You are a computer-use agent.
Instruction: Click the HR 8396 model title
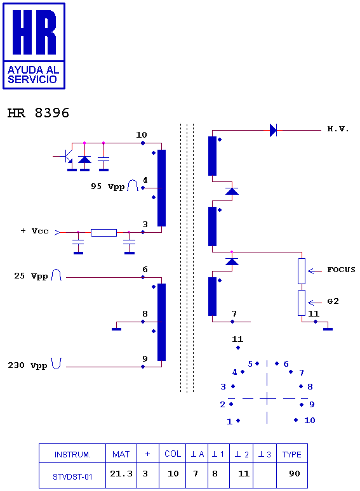(38, 113)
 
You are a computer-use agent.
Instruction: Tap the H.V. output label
(338, 129)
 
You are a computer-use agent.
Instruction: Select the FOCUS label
(341, 270)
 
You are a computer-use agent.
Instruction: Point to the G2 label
(333, 301)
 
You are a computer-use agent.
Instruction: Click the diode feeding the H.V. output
(273, 130)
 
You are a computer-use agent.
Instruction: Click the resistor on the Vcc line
(103, 233)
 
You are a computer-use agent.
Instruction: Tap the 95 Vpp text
(108, 187)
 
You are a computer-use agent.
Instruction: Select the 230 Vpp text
(27, 365)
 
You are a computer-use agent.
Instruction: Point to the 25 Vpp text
(30, 276)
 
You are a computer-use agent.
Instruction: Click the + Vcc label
(34, 231)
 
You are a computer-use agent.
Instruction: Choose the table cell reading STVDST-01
(72, 476)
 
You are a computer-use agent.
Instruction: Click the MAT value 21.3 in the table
(121, 473)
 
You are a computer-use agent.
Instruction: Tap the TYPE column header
(291, 454)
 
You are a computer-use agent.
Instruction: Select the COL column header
(173, 454)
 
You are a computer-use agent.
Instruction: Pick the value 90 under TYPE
(295, 473)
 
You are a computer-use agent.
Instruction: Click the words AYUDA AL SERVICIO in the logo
(33, 74)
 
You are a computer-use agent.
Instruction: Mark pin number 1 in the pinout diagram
(230, 421)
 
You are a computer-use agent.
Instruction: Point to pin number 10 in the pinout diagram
(310, 420)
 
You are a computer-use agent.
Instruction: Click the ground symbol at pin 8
(117, 329)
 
